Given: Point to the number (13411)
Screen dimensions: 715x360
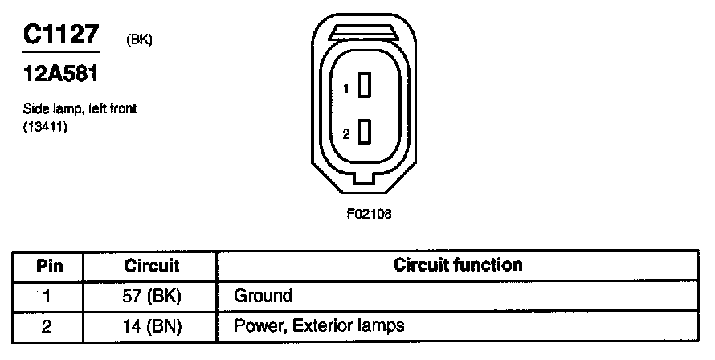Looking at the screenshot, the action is click(44, 125).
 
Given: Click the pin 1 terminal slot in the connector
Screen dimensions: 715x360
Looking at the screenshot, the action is click(364, 85).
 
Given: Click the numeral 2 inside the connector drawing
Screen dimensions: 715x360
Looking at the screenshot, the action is click(346, 135).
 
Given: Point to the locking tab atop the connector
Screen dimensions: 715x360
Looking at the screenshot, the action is click(365, 32).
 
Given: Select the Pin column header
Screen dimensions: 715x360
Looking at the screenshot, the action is click(50, 265).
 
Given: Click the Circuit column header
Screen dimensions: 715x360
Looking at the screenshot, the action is click(152, 265).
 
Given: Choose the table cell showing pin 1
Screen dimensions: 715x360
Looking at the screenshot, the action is click(47, 296).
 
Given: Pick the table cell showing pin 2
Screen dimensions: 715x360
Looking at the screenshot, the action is click(47, 326).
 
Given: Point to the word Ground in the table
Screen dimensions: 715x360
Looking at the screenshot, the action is click(263, 296).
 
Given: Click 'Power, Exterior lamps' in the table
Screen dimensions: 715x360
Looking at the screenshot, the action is click(319, 326).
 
